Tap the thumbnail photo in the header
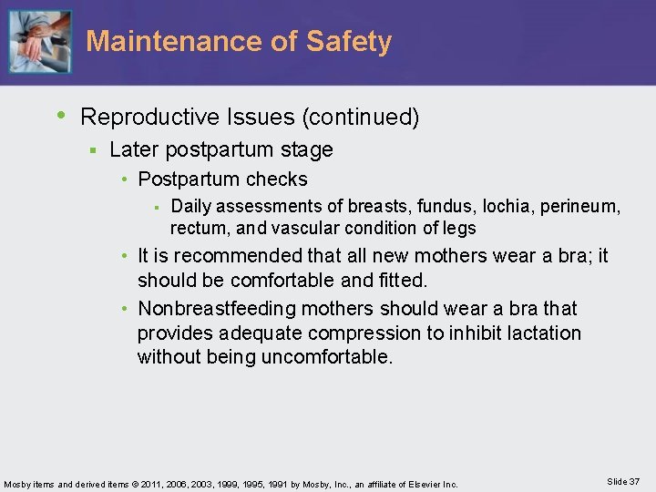40,42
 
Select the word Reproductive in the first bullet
149,118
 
